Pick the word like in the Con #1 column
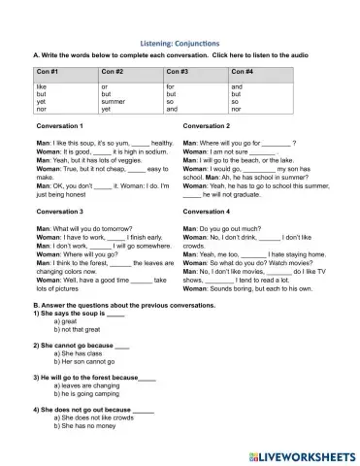(42, 87)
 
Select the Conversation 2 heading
(207, 126)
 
